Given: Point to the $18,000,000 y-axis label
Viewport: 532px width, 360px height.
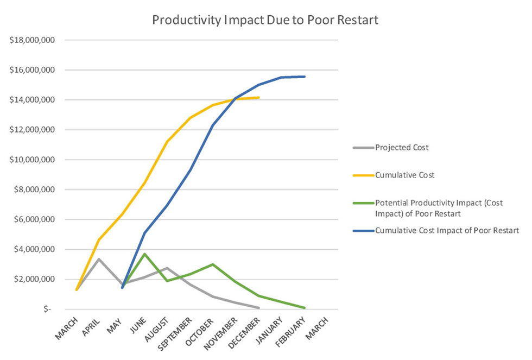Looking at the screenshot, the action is point(32,40).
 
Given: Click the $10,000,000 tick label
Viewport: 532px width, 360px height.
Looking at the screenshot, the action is point(32,160).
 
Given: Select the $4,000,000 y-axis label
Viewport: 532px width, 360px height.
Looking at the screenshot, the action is point(34,249).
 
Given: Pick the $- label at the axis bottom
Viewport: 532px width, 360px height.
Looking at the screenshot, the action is point(47,309).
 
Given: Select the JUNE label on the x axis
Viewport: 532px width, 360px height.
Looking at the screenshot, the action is point(138,325).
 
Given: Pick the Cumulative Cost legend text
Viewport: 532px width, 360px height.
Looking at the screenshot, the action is point(405,175).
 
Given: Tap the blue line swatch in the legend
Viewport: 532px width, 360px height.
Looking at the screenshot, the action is point(363,231).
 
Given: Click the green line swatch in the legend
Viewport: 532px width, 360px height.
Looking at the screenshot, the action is point(363,203).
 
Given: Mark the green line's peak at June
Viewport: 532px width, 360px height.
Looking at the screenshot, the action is point(144,254).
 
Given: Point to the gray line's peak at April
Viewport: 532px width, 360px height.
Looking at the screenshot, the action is point(99,259).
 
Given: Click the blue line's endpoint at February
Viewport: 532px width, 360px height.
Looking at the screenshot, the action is point(305,77).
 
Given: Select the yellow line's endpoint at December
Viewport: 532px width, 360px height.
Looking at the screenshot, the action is point(258,97).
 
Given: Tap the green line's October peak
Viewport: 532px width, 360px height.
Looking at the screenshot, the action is point(213,264).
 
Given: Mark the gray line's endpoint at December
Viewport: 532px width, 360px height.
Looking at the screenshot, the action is point(258,308).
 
